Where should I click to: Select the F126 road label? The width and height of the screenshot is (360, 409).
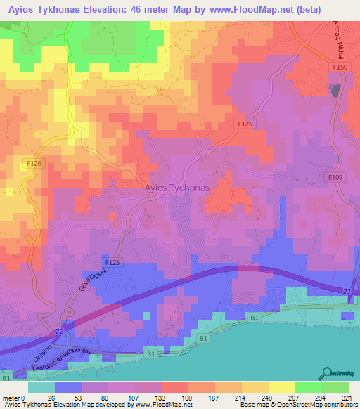(34, 164)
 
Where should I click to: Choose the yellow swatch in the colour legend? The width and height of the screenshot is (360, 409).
(282, 387)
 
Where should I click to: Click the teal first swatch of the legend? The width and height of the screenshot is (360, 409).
(41, 387)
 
